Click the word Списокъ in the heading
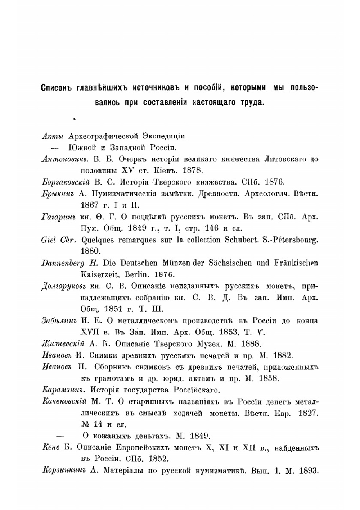coord(57,88)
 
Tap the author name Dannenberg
coord(63,263)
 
